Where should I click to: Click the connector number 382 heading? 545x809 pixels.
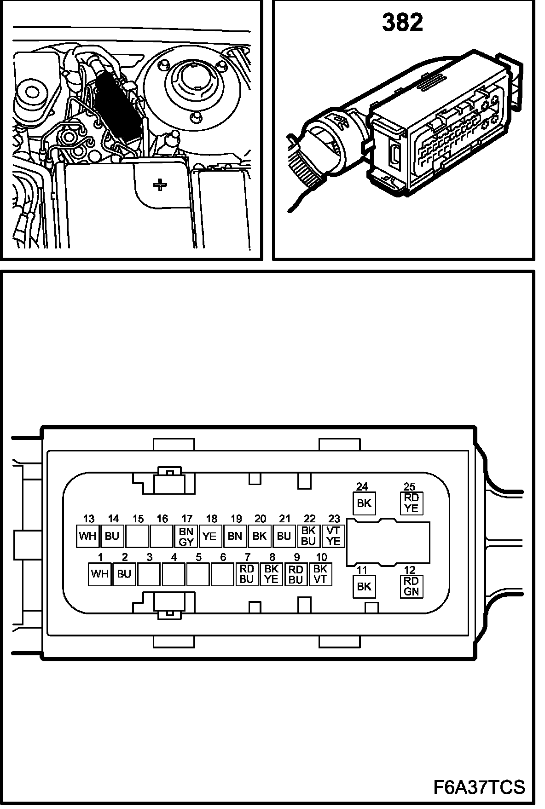tap(402, 23)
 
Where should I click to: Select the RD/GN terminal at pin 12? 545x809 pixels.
tap(411, 586)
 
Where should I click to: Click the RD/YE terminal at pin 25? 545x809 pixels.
tap(411, 503)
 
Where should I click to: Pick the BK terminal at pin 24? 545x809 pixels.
tap(364, 503)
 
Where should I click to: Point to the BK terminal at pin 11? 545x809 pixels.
tap(364, 586)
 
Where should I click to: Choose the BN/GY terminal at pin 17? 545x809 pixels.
tap(186, 536)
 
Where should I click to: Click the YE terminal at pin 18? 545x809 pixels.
tap(210, 536)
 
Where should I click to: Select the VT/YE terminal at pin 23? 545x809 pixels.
tap(333, 536)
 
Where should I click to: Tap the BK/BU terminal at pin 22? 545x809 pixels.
tap(308, 536)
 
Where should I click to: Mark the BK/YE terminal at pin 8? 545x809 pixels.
tap(271, 574)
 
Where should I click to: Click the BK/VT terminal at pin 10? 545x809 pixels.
tap(320, 574)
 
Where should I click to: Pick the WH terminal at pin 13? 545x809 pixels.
tap(87, 536)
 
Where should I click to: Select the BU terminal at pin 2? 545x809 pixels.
tap(124, 574)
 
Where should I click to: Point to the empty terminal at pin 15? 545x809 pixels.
tap(137, 536)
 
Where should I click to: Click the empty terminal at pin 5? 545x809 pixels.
tap(198, 574)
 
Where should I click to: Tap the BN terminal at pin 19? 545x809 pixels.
tap(235, 536)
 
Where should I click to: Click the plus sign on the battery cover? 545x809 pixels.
tap(160, 185)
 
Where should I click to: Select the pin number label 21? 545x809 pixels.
tap(285, 519)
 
